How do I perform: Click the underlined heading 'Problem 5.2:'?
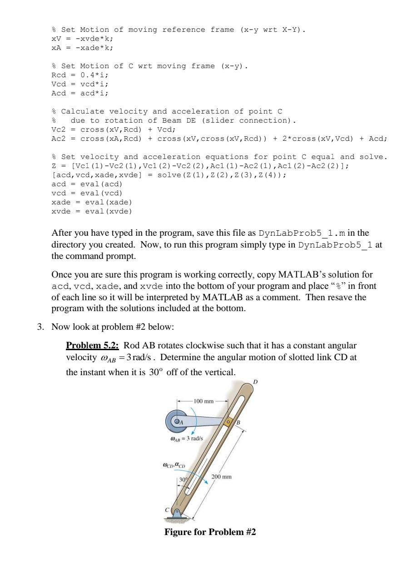(93, 345)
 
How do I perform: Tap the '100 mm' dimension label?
(203, 401)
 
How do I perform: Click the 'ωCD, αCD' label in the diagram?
(174, 465)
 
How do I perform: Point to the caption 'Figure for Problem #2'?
(210, 532)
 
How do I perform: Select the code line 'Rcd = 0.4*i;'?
(80, 75)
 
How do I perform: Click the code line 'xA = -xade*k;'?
(82, 48)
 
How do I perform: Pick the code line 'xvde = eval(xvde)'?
(92, 211)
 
